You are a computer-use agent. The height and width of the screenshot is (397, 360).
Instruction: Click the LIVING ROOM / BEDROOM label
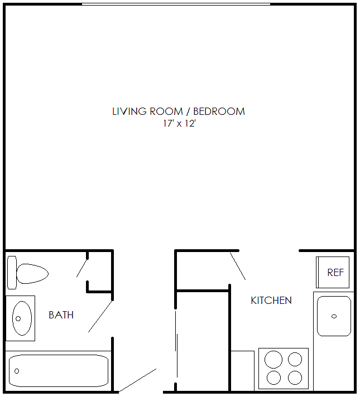click(x=179, y=111)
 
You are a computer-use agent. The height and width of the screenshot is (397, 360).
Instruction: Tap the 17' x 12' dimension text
click(x=179, y=124)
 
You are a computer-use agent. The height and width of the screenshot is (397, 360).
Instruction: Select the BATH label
click(x=61, y=315)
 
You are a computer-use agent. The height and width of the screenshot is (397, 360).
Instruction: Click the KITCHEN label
click(x=271, y=301)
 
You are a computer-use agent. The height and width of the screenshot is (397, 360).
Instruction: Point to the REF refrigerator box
click(x=333, y=273)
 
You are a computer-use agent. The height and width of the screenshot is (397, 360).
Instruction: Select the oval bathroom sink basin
click(x=22, y=318)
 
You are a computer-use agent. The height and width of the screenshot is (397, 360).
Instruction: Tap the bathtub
click(x=59, y=371)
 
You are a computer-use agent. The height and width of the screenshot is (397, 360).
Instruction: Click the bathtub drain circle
click(x=17, y=371)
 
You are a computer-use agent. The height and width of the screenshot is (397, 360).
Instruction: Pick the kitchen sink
click(x=334, y=316)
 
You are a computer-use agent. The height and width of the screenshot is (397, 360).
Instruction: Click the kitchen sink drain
click(x=334, y=316)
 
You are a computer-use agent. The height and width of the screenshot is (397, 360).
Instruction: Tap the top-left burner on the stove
click(x=273, y=358)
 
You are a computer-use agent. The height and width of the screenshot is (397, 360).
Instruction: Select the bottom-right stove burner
click(x=295, y=377)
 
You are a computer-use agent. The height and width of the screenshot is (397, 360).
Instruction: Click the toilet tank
click(x=12, y=273)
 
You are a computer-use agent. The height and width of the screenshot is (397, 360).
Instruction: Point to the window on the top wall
click(x=176, y=4)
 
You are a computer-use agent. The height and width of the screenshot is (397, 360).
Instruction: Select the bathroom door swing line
click(x=100, y=316)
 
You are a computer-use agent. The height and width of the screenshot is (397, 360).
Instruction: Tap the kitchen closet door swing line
click(x=237, y=266)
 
